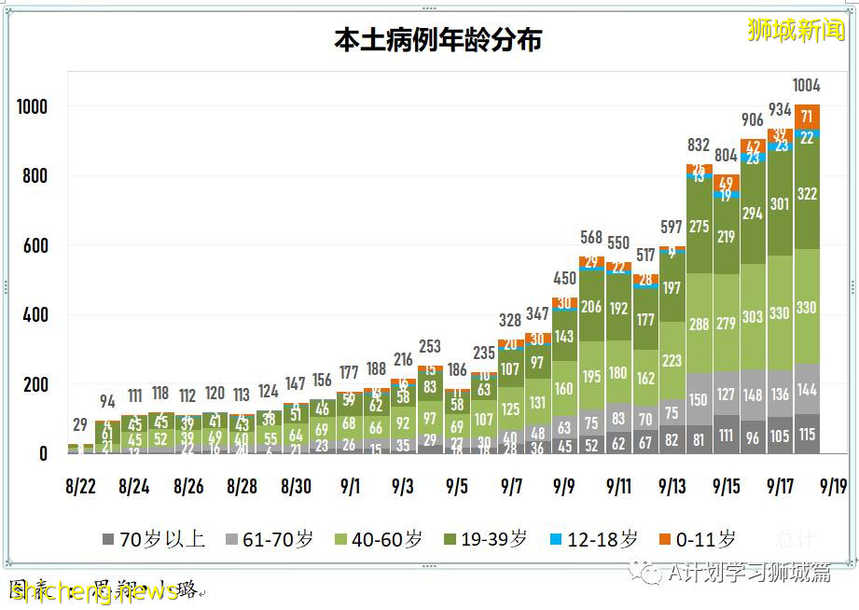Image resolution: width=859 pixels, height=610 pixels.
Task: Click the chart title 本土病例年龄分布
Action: (437, 40)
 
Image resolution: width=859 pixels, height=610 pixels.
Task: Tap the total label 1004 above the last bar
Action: (806, 86)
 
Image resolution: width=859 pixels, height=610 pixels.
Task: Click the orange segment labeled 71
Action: (807, 117)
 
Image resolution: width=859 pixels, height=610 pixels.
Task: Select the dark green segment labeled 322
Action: (807, 193)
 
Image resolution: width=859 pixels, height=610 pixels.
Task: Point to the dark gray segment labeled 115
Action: (807, 435)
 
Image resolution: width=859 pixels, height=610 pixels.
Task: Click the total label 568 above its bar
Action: (591, 238)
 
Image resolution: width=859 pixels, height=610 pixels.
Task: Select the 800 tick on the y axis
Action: (32, 176)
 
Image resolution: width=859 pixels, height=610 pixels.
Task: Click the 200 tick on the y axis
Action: (32, 384)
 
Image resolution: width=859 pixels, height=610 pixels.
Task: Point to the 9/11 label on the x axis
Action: (619, 486)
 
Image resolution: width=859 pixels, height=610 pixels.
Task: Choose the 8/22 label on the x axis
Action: (81, 486)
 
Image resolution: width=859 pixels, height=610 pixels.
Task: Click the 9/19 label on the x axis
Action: (833, 486)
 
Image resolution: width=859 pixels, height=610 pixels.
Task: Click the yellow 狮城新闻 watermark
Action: (795, 30)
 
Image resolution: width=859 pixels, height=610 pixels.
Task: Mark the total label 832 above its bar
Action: (699, 146)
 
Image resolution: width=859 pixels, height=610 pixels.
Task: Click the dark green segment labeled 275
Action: (699, 227)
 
